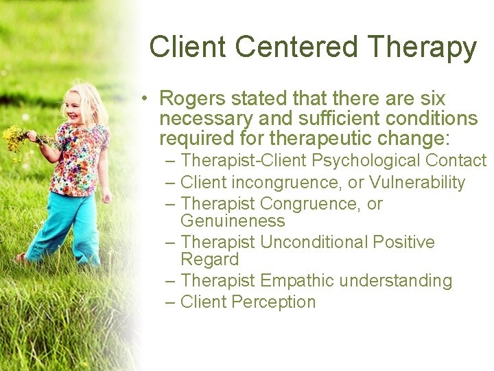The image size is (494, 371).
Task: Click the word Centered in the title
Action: [296, 47]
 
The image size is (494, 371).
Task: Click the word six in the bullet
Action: [430, 99]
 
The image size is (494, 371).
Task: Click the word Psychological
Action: [366, 161]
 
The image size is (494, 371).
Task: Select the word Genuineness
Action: [233, 221]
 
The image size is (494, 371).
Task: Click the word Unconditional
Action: [314, 243]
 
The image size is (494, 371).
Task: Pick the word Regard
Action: [209, 260]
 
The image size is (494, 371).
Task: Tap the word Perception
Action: [273, 302]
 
